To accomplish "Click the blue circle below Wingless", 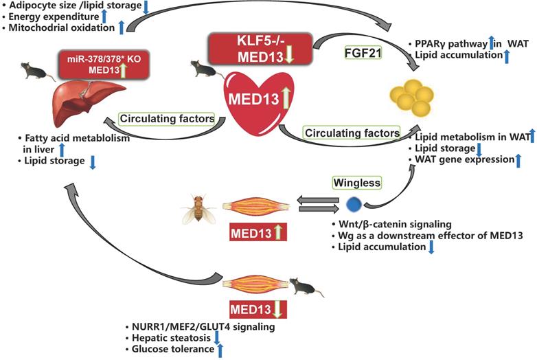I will pos(354,204).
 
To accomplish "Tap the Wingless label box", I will pos(356,183).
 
